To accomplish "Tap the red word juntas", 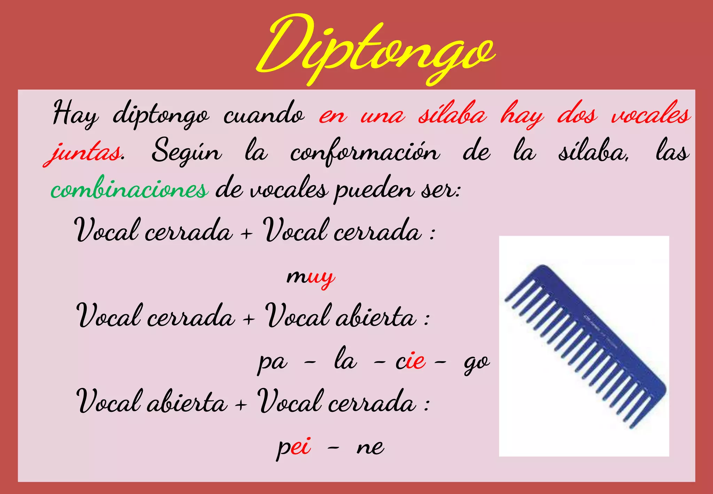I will click(84, 153).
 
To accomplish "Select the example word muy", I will click(310, 277).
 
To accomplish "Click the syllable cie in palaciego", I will click(410, 362).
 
